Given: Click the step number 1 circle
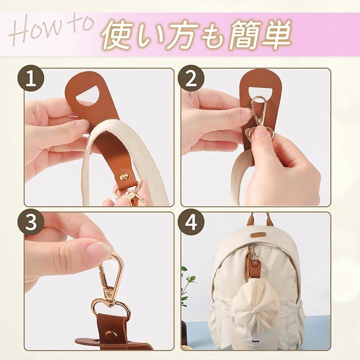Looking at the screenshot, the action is (30, 78).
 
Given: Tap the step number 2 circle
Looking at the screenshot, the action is (191, 78).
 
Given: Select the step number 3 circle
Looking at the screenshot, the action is (30, 222).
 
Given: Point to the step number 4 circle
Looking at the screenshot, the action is (191, 222).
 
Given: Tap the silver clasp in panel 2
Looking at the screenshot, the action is (258, 117).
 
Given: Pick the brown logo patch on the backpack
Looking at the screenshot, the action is (257, 235).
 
